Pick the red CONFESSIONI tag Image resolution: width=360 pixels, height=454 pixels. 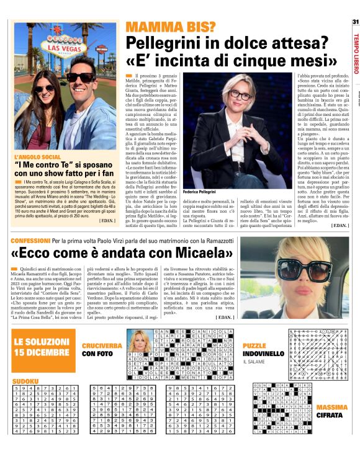coord(29,239)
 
